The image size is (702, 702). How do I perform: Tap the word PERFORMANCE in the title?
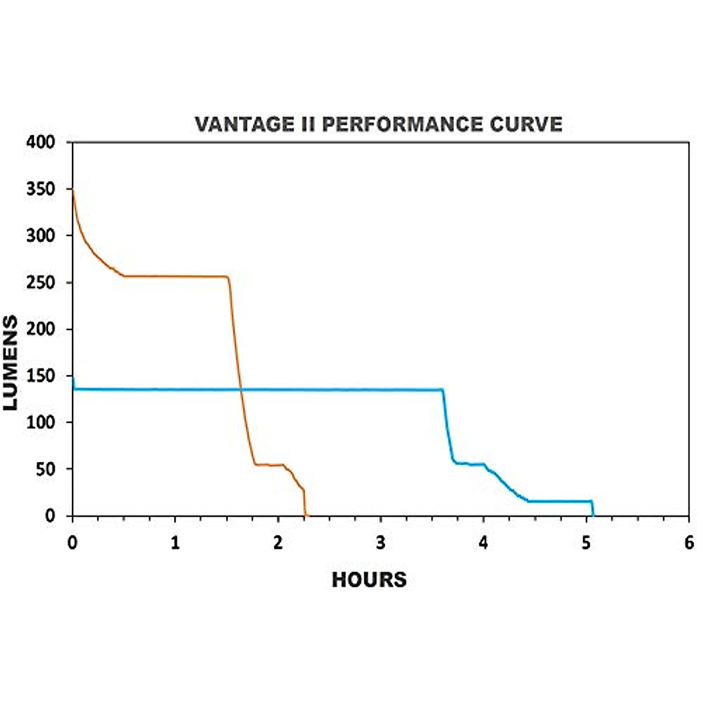402,125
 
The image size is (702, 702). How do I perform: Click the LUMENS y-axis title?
11,363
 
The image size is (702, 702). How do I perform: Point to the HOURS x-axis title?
369,580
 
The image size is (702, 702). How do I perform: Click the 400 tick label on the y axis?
41,142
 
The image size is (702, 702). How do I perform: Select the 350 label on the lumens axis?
41,189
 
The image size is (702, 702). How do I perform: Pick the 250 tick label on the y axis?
41,283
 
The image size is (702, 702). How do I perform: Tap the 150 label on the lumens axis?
41,376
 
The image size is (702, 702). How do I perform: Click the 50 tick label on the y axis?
45,469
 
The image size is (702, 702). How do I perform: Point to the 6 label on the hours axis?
689,543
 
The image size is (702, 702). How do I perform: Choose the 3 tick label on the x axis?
381,543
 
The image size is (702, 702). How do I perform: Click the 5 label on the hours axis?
586,543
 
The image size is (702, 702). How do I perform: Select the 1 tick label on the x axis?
175,543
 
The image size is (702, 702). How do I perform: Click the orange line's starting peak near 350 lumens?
73,190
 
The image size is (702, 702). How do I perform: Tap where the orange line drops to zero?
305,515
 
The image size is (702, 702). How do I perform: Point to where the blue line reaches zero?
594,515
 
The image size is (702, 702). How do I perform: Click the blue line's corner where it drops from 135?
443,390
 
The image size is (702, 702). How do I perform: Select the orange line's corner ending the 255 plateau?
228,277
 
